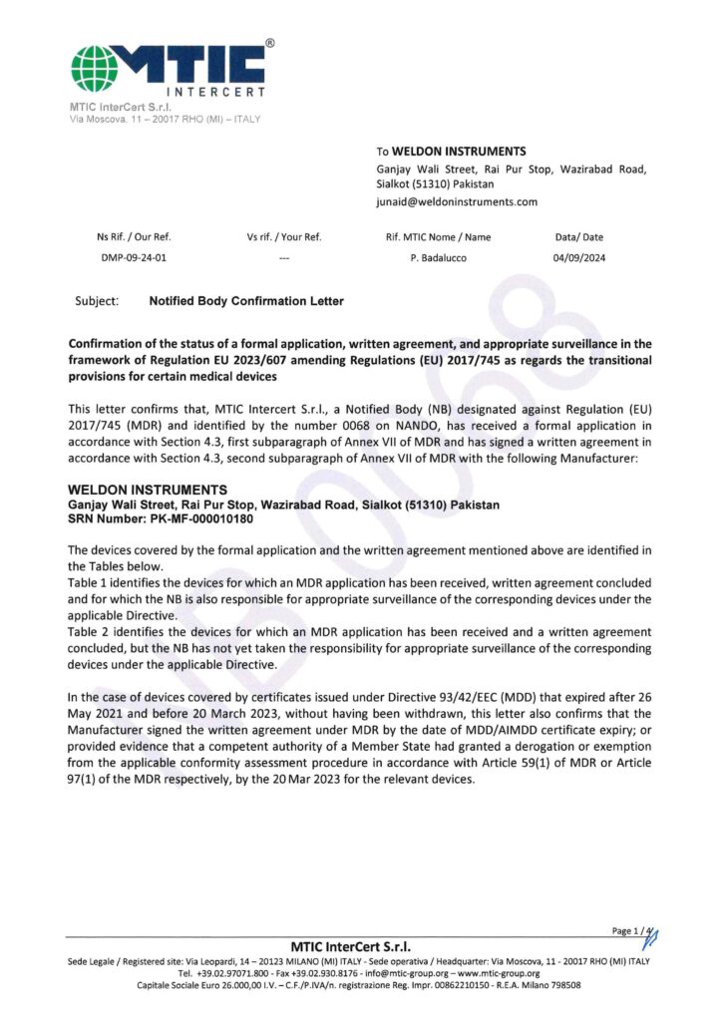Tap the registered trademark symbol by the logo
[270, 44]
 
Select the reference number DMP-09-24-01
[130, 256]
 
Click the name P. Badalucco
[438, 256]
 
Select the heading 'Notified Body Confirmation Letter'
[246, 299]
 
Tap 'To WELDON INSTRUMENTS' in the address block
[451, 151]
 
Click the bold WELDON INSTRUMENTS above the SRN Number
[147, 491]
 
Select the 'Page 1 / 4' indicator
[634, 930]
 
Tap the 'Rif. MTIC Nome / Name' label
[438, 237]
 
